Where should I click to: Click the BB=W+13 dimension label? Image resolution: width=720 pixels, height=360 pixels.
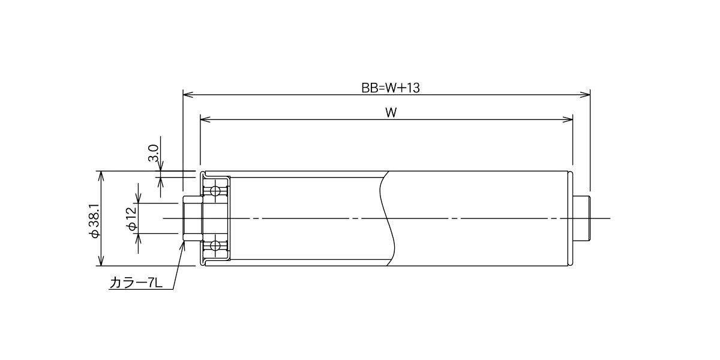tap(391, 88)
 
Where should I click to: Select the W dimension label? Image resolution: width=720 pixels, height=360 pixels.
tap(391, 113)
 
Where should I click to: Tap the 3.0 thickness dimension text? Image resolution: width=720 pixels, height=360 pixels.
tap(154, 153)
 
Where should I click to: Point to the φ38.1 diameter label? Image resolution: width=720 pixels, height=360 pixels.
tap(95, 221)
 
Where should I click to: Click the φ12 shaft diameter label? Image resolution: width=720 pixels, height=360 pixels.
tap(133, 218)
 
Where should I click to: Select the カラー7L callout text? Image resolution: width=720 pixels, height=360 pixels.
tap(136, 283)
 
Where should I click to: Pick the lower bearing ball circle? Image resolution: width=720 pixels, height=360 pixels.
tap(214, 246)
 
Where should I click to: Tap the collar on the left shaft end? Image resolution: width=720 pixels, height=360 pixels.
tap(193, 218)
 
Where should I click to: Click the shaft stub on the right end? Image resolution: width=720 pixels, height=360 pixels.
tap(581, 218)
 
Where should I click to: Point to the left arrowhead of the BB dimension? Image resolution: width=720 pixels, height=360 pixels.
tap(188, 95)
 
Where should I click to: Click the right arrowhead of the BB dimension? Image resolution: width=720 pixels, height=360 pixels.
tap(585, 95)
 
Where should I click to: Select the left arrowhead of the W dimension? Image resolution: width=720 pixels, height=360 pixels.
tap(205, 119)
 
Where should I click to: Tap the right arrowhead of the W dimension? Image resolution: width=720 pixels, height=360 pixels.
tap(568, 119)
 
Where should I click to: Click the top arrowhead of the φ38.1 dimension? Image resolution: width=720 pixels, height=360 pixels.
tap(101, 176)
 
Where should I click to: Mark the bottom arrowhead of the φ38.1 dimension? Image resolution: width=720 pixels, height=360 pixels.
tap(101, 261)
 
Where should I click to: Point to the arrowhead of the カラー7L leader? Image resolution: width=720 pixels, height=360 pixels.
tap(183, 246)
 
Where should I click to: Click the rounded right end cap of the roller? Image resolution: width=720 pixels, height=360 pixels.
tap(570, 218)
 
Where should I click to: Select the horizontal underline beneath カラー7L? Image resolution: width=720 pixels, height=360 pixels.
tap(141, 290)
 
